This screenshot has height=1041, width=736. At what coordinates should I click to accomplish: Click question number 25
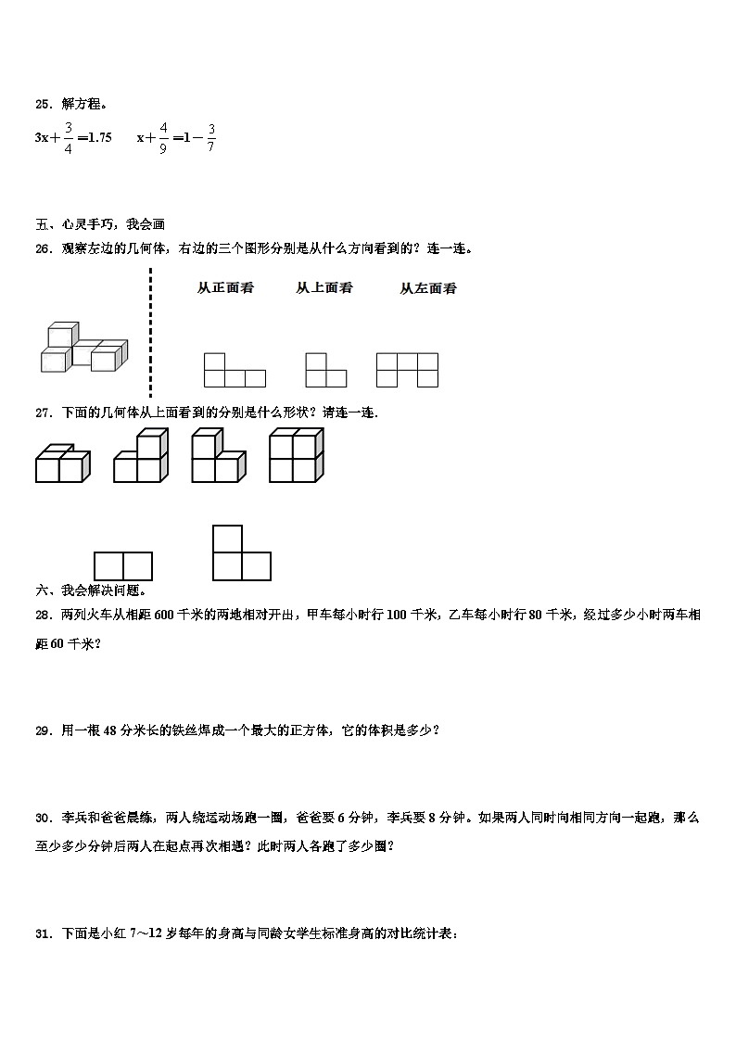point(44,105)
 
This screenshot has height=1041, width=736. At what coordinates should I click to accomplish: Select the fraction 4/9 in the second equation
point(162,137)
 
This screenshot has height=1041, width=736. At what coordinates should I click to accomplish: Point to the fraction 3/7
point(210,137)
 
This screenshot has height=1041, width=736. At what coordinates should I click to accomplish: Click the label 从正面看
point(225,288)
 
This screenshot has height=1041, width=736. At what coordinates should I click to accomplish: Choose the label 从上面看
point(324,288)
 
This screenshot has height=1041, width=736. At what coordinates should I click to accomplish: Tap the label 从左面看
point(428,288)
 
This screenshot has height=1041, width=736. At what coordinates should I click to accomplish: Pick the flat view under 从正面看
point(235,370)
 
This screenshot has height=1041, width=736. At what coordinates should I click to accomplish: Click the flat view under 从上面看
point(325,370)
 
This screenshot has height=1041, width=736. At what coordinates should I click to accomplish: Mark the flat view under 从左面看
point(407,369)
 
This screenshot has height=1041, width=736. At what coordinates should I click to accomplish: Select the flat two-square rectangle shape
point(122,565)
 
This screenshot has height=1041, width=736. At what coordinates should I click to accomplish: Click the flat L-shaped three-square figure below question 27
point(241,553)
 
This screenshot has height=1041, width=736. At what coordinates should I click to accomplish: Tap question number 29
point(44,730)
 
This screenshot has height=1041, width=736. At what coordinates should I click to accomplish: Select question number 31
point(44,934)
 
